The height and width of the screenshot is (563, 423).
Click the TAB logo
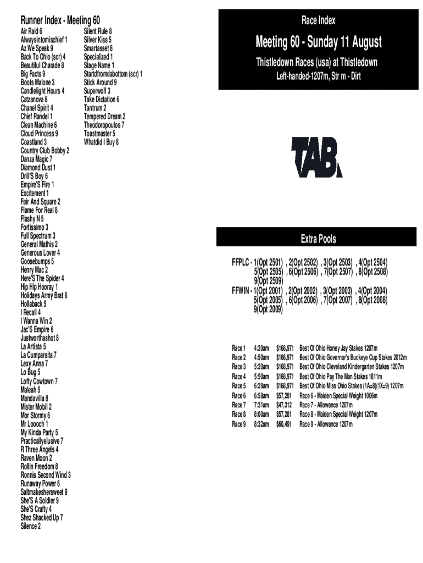[x=317, y=157]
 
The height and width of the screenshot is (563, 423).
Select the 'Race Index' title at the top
[x=318, y=21]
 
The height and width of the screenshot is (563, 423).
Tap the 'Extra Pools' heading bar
[x=318, y=239]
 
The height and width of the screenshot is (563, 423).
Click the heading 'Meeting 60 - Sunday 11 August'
[x=318, y=42]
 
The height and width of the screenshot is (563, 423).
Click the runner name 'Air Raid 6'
[x=31, y=31]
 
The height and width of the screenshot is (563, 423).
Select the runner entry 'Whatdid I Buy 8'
[x=101, y=142]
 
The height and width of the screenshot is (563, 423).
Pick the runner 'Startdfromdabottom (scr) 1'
[x=113, y=74]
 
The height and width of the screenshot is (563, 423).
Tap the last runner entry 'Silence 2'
[x=30, y=526]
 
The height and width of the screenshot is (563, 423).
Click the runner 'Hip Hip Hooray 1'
[x=39, y=287]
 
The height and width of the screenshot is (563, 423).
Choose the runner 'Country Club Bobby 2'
[x=45, y=150]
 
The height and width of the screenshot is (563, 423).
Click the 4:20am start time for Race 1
[x=261, y=348]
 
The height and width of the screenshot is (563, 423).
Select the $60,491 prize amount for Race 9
[x=284, y=424]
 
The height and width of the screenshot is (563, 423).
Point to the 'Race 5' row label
[x=239, y=386]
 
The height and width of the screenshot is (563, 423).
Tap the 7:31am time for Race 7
[x=261, y=405]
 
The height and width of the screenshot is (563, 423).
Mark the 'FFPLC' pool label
[x=241, y=262]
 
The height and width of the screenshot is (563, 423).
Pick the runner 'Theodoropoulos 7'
[x=104, y=125]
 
